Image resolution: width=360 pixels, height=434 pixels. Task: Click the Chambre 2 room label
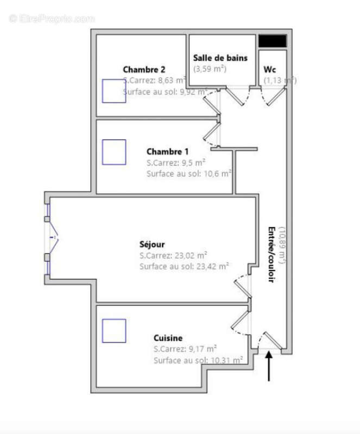pos(144,69)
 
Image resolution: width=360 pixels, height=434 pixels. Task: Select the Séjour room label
pos(152,245)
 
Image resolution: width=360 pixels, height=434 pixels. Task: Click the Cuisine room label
pos(168,337)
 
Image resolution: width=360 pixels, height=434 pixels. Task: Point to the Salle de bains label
pos(220,58)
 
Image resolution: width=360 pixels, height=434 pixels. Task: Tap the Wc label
pos(270,69)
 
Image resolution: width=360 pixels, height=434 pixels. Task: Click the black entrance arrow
pos(269,367)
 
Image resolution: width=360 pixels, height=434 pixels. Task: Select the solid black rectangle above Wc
pos(272,41)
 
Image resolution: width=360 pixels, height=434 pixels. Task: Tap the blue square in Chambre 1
pos(114,152)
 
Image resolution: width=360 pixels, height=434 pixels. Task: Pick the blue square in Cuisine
pos(114,331)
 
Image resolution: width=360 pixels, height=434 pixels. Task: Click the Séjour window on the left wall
pos(49,237)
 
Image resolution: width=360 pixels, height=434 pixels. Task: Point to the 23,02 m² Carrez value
pos(173,256)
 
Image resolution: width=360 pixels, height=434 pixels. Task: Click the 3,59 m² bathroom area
pos(210,69)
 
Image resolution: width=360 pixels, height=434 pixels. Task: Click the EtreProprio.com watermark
pos(52,18)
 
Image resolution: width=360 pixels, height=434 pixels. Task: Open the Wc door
pos(274,97)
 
